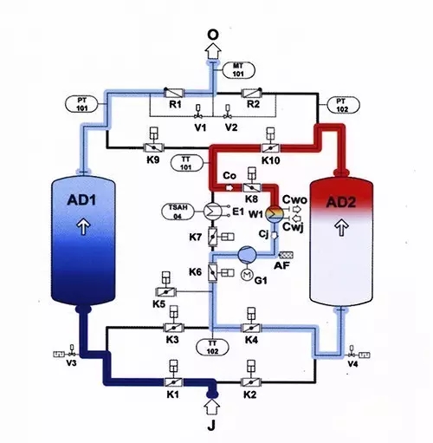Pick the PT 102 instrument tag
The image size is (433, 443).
click(340, 105)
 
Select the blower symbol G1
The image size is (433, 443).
click(245, 254)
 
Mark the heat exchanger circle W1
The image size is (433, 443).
click(273, 213)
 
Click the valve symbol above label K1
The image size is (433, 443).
click(171, 383)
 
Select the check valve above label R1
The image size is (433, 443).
click(174, 92)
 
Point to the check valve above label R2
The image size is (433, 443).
click(252, 92)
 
